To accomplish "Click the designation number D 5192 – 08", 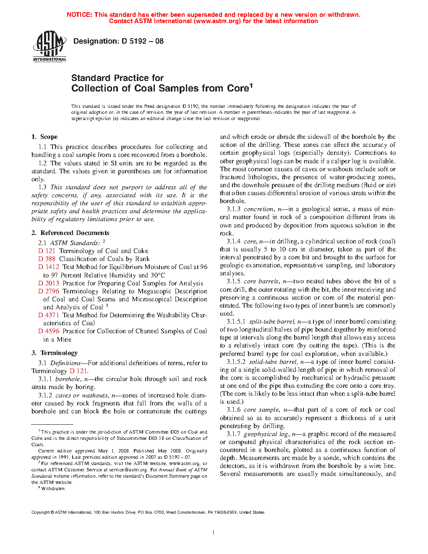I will point(143,41).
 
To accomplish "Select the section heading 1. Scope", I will point(44,137).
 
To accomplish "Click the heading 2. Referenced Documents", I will point(70,233).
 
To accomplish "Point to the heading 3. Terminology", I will point(55,353).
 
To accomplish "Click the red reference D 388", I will point(47,259).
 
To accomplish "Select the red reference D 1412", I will point(49,267).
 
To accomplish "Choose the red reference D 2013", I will point(49,283).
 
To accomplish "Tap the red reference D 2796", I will point(49,291).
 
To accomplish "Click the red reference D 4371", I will point(49,315).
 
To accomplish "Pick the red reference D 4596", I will point(49,331).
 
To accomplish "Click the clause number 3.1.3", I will point(234,209).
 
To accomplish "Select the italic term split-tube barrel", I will point(272,321).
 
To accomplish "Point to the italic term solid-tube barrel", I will point(273,362).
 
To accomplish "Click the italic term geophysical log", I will point(266,434).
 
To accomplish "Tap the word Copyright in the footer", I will point(41,512).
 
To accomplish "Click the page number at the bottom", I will point(214,533).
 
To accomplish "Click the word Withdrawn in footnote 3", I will point(53,489).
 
